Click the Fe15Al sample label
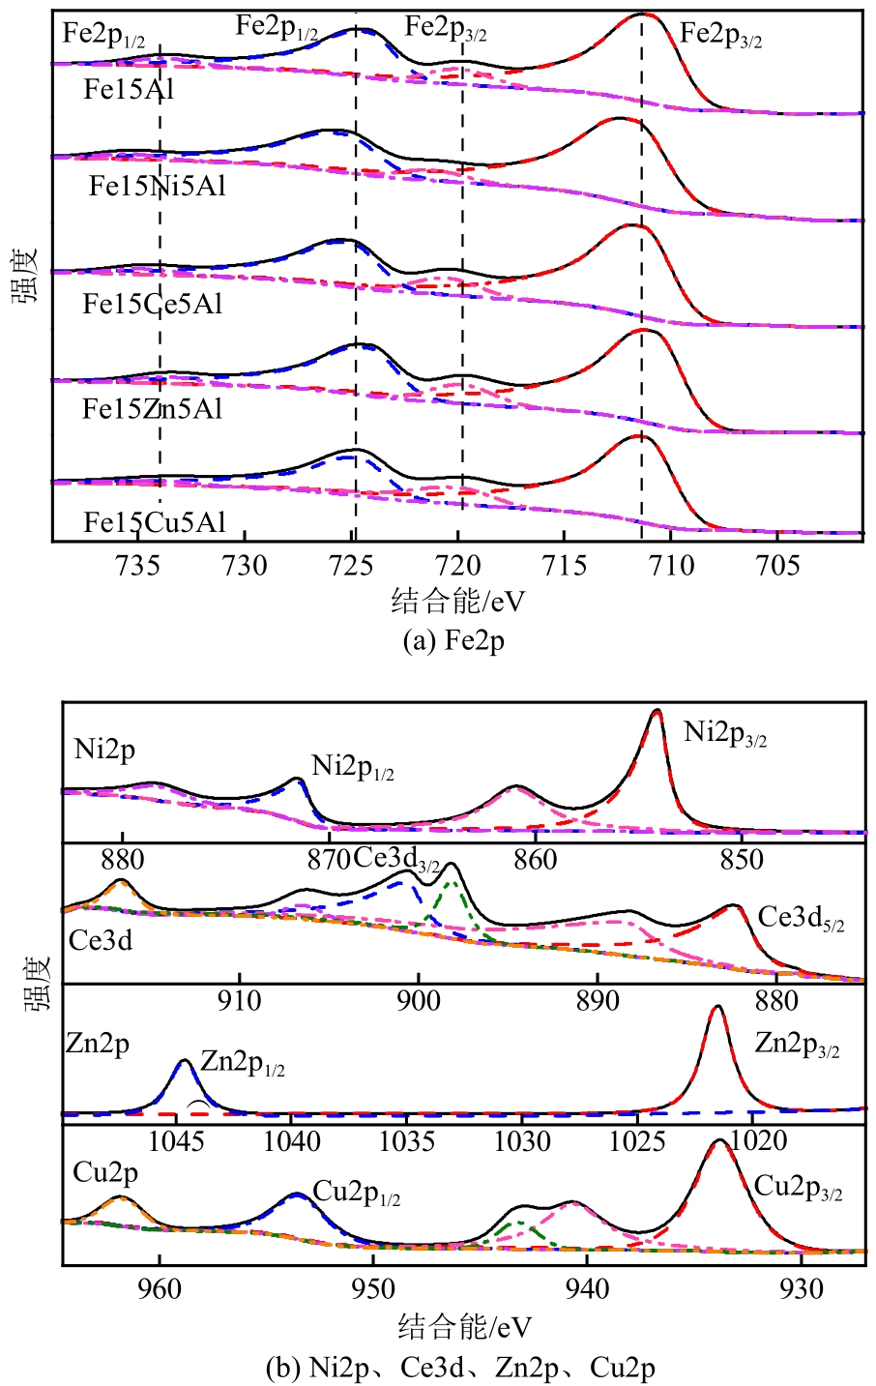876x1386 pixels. [x=128, y=90]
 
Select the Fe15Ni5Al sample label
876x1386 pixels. [x=158, y=186]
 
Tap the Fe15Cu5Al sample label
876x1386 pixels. [x=154, y=523]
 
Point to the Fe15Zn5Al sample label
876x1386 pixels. [x=153, y=409]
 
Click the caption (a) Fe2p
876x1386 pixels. [x=453, y=640]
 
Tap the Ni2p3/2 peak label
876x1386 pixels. [x=725, y=733]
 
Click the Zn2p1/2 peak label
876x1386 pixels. [x=243, y=1064]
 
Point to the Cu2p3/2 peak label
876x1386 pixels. [x=798, y=1188]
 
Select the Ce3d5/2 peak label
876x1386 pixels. [x=802, y=918]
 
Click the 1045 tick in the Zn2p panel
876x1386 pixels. [x=179, y=1141]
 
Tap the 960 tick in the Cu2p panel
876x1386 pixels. [x=160, y=1289]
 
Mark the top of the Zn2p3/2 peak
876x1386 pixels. [x=717, y=1007]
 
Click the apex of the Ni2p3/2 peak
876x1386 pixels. [x=657, y=710]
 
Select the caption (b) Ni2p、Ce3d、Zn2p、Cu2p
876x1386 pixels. [x=460, y=1369]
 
